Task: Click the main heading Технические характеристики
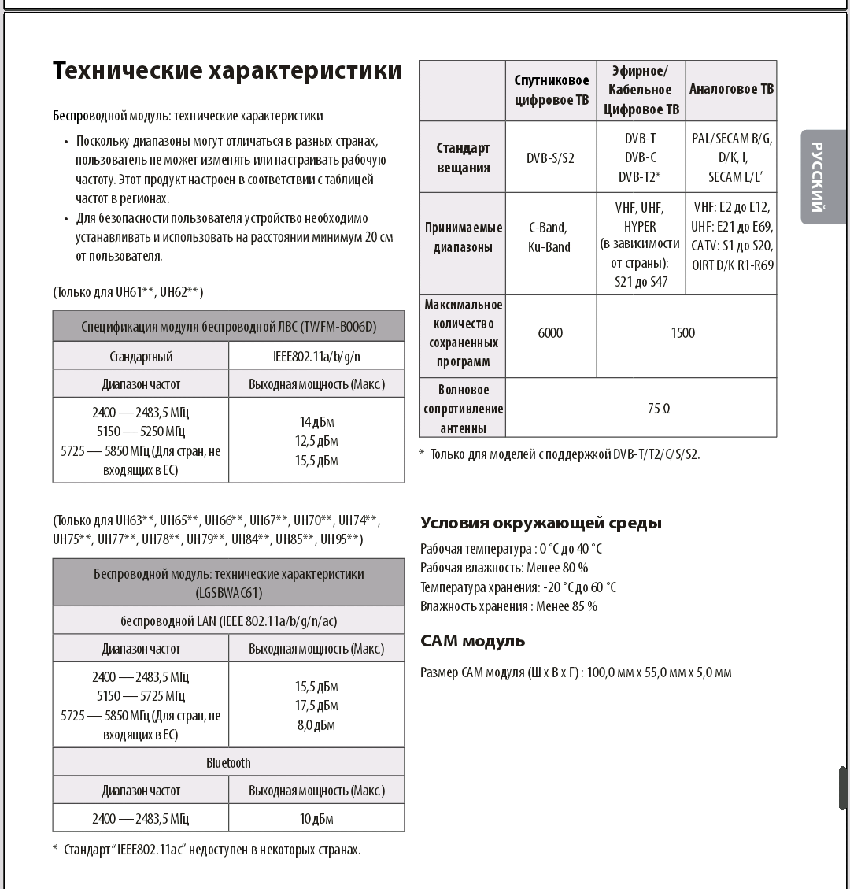point(227,72)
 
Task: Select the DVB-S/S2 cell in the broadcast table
point(550,157)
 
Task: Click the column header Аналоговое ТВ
point(731,90)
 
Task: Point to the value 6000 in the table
point(550,333)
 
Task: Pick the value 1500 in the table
point(682,333)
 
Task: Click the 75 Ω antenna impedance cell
point(659,409)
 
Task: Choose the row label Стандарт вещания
point(463,157)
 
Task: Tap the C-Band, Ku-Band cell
point(550,237)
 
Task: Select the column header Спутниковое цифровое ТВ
point(551,90)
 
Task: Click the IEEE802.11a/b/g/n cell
point(316,357)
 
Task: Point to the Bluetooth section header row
point(228,762)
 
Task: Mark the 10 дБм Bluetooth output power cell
point(316,819)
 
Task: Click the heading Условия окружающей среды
point(541,523)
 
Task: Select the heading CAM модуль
point(472,641)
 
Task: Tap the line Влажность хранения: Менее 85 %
point(508,606)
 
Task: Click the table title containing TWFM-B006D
point(228,327)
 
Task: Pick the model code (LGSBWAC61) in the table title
point(228,593)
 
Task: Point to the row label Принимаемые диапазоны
point(463,237)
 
